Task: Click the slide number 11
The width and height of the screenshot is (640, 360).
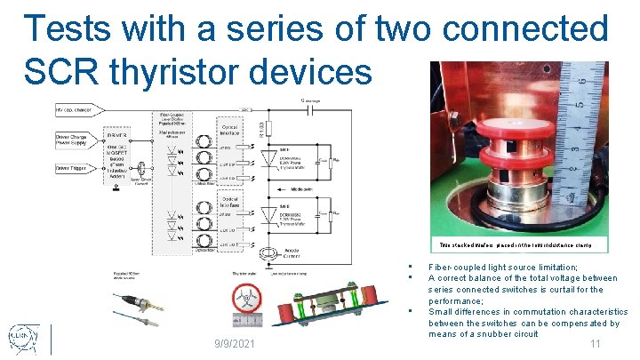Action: tap(596, 344)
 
